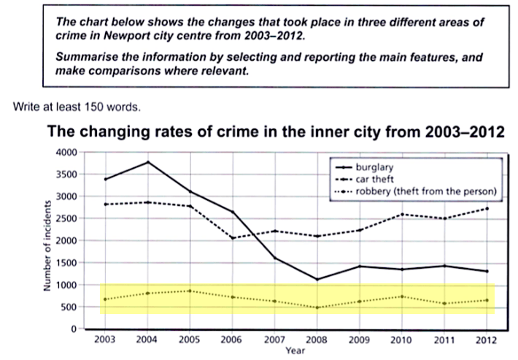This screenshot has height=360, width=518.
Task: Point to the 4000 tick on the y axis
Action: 68,152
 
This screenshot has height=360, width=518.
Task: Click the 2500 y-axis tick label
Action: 68,218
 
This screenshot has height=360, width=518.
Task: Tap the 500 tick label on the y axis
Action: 71,307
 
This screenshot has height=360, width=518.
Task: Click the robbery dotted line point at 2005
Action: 190,291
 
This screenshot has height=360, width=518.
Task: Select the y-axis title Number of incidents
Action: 49,240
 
